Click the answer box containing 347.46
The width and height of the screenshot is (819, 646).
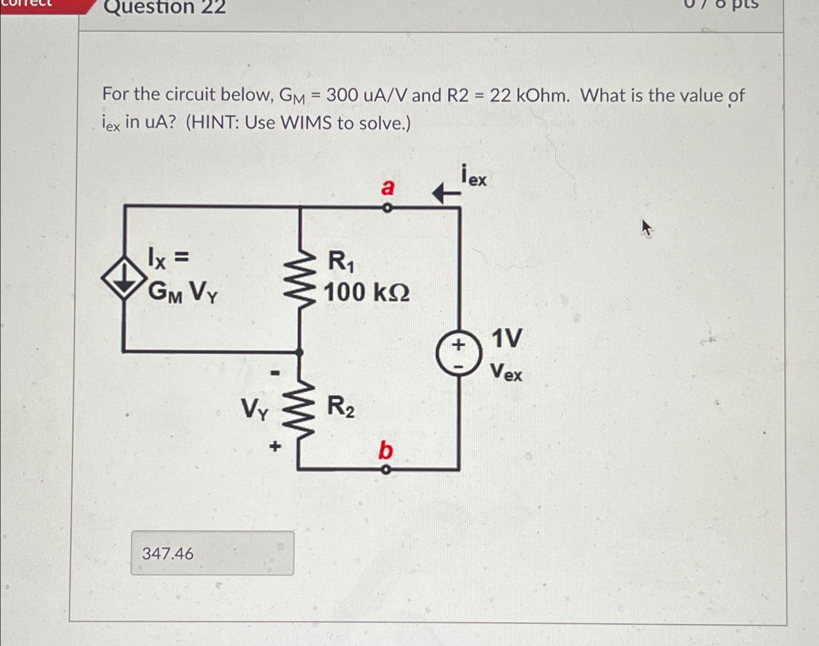pos(212,553)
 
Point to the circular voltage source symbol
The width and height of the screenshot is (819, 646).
pos(458,352)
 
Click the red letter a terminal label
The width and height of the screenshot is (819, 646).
pos(387,187)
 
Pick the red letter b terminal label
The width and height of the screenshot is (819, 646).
pos(385,450)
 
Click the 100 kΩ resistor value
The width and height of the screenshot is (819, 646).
pos(366,292)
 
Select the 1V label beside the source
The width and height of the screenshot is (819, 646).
pos(507,338)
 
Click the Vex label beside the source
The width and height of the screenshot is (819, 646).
pos(506,372)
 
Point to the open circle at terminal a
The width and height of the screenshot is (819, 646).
pos(387,208)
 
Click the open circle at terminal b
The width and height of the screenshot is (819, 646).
pos(385,470)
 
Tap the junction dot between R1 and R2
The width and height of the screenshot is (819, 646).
pos(299,352)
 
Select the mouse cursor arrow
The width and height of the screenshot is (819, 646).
pos(646,228)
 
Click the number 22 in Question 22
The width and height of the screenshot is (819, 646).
pos(212,7)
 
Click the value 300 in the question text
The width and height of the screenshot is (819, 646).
pos(342,95)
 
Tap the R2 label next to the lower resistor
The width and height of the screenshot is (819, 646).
pos(340,407)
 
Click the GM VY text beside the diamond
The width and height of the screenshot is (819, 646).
pos(183,292)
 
